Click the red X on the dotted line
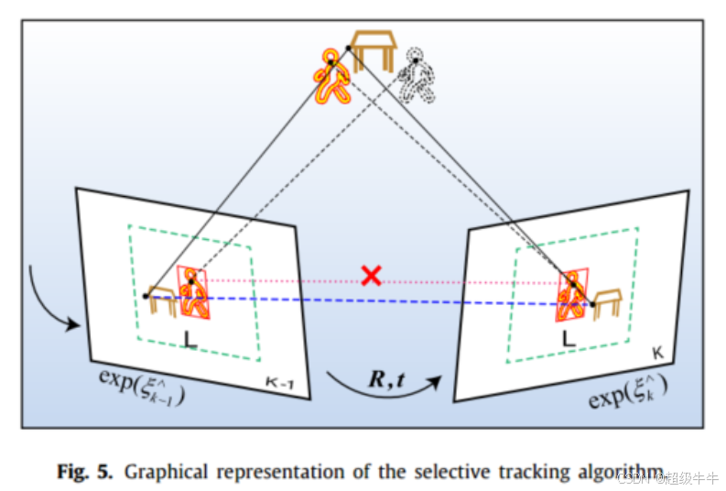(x=370, y=275)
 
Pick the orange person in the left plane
(x=194, y=293)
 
